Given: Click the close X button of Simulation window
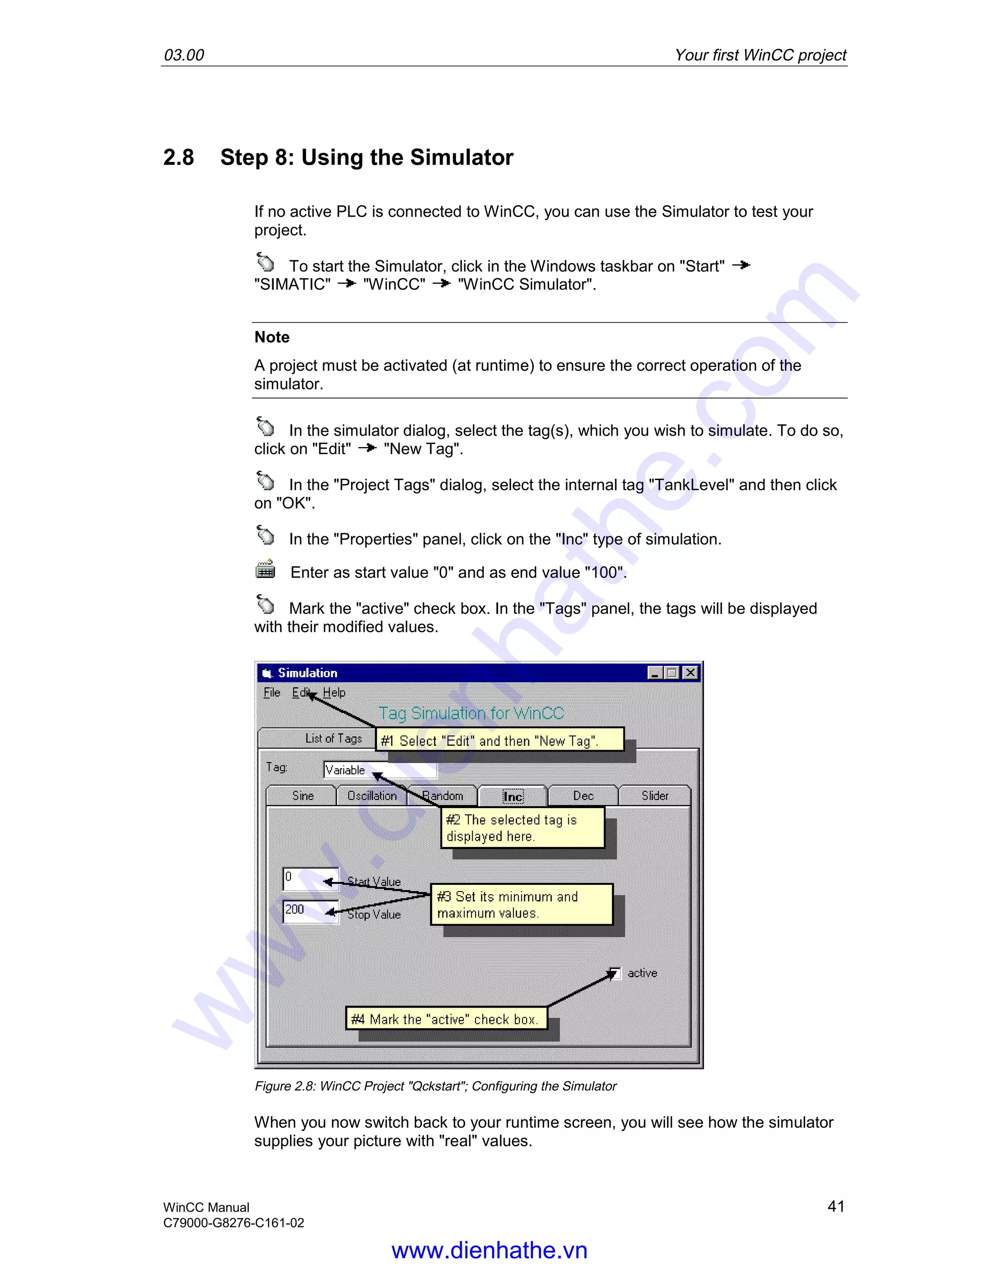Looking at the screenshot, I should [x=690, y=673].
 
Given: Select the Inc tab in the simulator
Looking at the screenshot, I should [x=513, y=796].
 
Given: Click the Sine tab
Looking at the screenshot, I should [x=303, y=796].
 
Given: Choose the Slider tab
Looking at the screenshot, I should [x=655, y=796].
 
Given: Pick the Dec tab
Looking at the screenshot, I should [x=583, y=796].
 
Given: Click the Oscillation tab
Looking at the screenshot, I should [x=372, y=796].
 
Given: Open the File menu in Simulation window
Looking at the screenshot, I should [x=272, y=693].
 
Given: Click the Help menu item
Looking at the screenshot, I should [x=334, y=693].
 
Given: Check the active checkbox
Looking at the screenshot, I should [x=614, y=973].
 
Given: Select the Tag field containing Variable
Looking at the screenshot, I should [x=380, y=770].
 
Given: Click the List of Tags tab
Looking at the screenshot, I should [x=333, y=739].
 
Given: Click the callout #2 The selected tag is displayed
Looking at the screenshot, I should [x=523, y=827].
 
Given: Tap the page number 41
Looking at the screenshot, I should [x=835, y=1206].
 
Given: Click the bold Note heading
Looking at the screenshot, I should [x=272, y=337].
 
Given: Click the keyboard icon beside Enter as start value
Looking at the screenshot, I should [x=266, y=570].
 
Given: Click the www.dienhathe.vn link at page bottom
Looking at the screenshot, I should [x=489, y=1250].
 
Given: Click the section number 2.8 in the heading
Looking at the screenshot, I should [x=178, y=158].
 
